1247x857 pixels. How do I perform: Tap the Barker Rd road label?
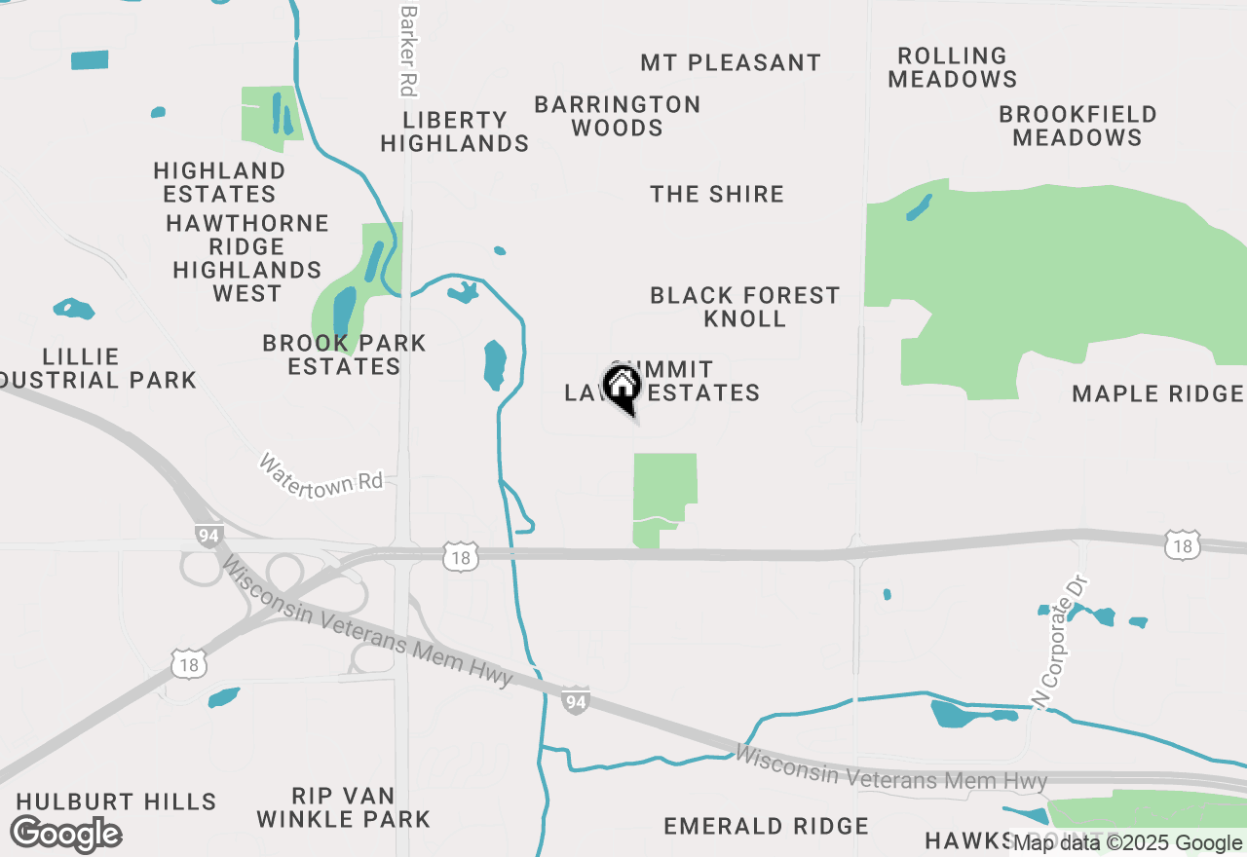(408, 51)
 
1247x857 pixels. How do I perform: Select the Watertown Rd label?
(321, 474)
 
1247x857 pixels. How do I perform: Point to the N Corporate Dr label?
(1059, 642)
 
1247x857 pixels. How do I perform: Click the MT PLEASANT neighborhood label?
(731, 63)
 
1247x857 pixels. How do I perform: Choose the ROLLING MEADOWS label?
(953, 68)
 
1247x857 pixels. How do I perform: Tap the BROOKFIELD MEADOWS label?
(1077, 127)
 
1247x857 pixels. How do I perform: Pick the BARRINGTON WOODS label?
(618, 116)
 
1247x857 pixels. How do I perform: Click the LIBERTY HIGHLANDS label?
(455, 131)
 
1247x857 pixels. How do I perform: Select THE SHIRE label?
(717, 194)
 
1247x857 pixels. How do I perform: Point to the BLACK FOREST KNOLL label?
(744, 307)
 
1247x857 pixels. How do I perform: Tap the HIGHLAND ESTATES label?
(219, 182)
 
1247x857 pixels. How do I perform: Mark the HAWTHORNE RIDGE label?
(247, 235)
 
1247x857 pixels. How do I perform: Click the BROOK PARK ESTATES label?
(344, 354)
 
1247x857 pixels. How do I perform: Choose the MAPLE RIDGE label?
(1157, 393)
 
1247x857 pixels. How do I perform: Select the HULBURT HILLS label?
(116, 801)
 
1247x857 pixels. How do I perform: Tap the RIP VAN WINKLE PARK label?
(343, 807)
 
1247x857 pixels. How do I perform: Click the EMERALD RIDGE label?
(766, 827)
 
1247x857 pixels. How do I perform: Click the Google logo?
(66, 835)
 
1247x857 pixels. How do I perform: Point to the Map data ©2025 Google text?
(1127, 843)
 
